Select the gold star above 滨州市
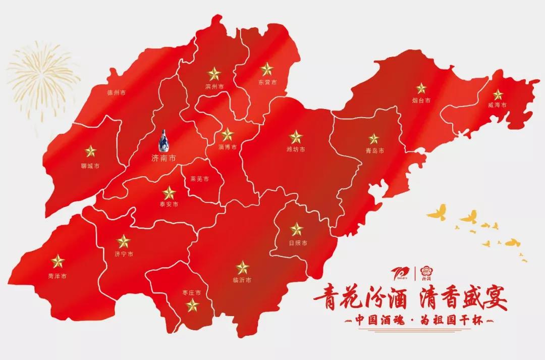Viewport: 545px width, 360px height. click(214, 74)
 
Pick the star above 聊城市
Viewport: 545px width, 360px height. click(90, 151)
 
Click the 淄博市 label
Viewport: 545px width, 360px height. click(228, 147)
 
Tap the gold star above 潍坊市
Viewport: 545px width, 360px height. click(296, 137)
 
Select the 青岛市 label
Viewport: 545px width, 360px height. click(375, 150)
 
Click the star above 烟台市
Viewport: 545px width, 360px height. click(421, 88)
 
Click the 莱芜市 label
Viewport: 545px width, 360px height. click(200, 179)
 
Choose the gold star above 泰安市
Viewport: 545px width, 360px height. click(169, 192)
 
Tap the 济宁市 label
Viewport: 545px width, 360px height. click(124, 254)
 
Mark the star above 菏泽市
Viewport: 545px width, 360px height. click(58, 261)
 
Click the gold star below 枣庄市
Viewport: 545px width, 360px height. click(192, 305)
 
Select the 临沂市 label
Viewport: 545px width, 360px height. click(242, 280)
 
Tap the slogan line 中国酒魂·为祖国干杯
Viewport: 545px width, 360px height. click(416, 321)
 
